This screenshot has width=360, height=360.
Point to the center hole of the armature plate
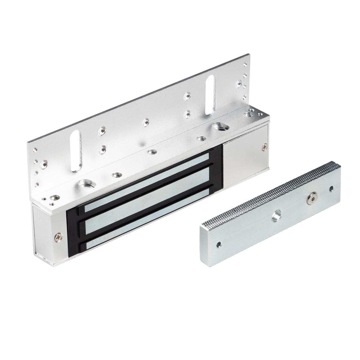coord(275,217)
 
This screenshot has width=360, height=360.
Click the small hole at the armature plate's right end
coord(331,189)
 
